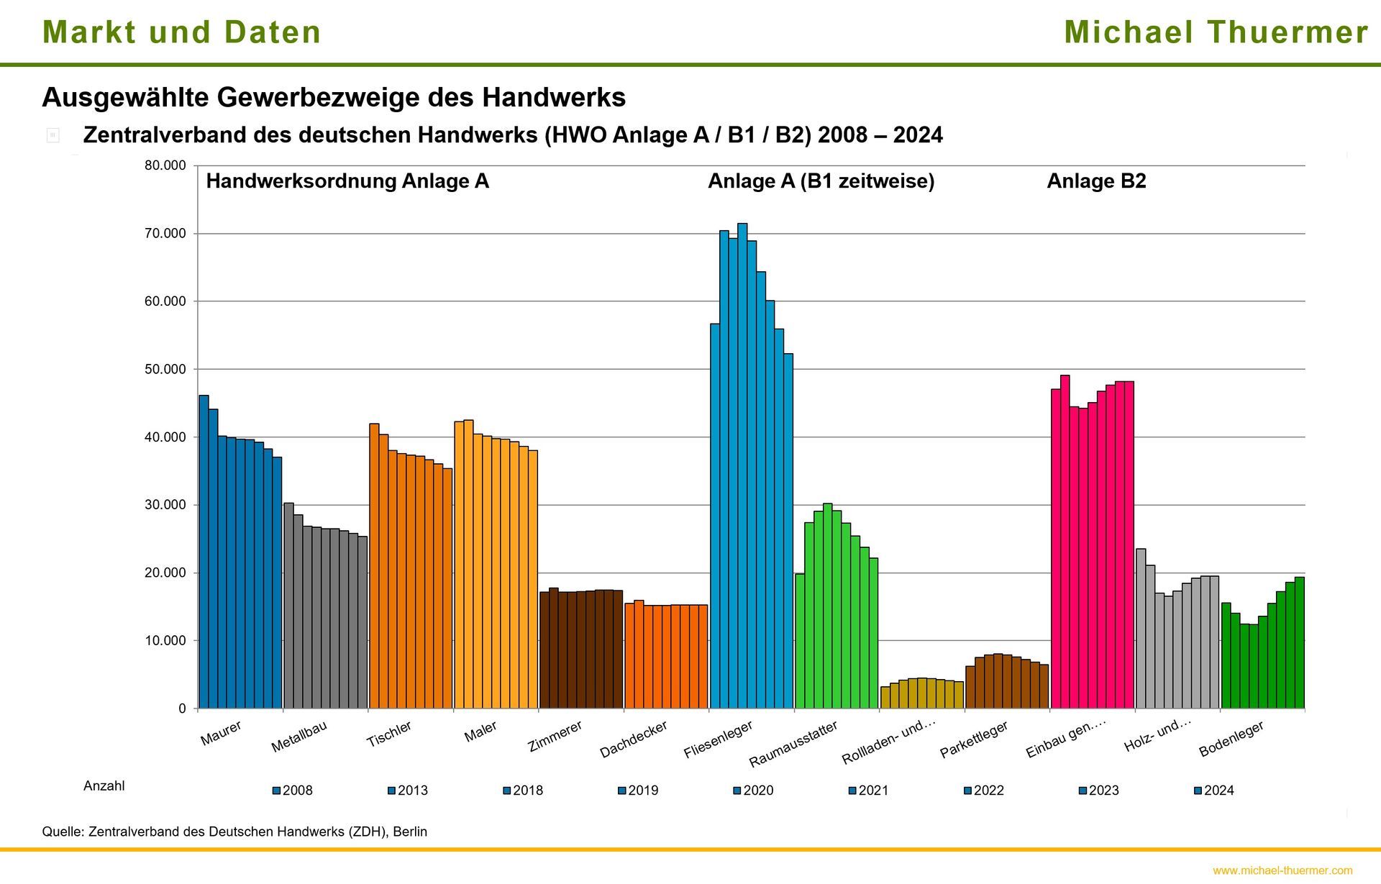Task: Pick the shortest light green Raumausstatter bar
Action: click(x=799, y=641)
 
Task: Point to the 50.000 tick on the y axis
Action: click(x=165, y=369)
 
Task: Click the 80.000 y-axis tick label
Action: click(x=165, y=165)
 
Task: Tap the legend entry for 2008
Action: click(x=292, y=790)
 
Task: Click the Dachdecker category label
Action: click(x=634, y=739)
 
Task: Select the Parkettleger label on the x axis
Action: click(x=974, y=739)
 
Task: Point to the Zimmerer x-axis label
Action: click(x=555, y=737)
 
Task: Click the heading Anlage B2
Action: click(x=1095, y=181)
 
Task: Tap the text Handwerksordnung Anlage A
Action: click(x=347, y=181)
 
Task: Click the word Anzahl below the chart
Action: click(x=104, y=786)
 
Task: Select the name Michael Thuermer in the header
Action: click(x=1216, y=32)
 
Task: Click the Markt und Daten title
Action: click(x=181, y=32)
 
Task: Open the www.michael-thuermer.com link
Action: click(x=1282, y=870)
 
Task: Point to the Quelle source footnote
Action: click(x=234, y=831)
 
